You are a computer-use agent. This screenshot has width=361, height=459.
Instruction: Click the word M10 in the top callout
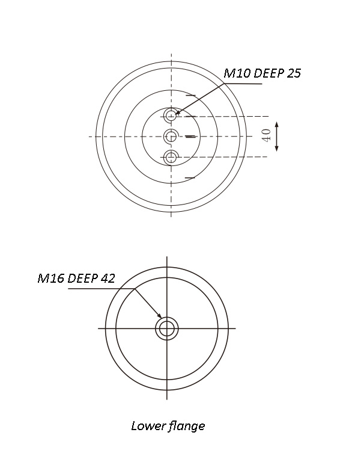tap(237, 73)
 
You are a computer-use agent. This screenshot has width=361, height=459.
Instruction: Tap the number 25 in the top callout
tap(294, 73)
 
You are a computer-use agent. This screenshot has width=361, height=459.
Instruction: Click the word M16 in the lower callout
tap(51, 278)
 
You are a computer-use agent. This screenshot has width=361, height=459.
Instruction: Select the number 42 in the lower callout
tap(108, 278)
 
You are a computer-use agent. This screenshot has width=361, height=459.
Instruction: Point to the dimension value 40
tap(267, 135)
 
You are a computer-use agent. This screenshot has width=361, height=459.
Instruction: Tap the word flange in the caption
tap(186, 426)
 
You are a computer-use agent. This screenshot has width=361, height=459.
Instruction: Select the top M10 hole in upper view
tap(171, 115)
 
